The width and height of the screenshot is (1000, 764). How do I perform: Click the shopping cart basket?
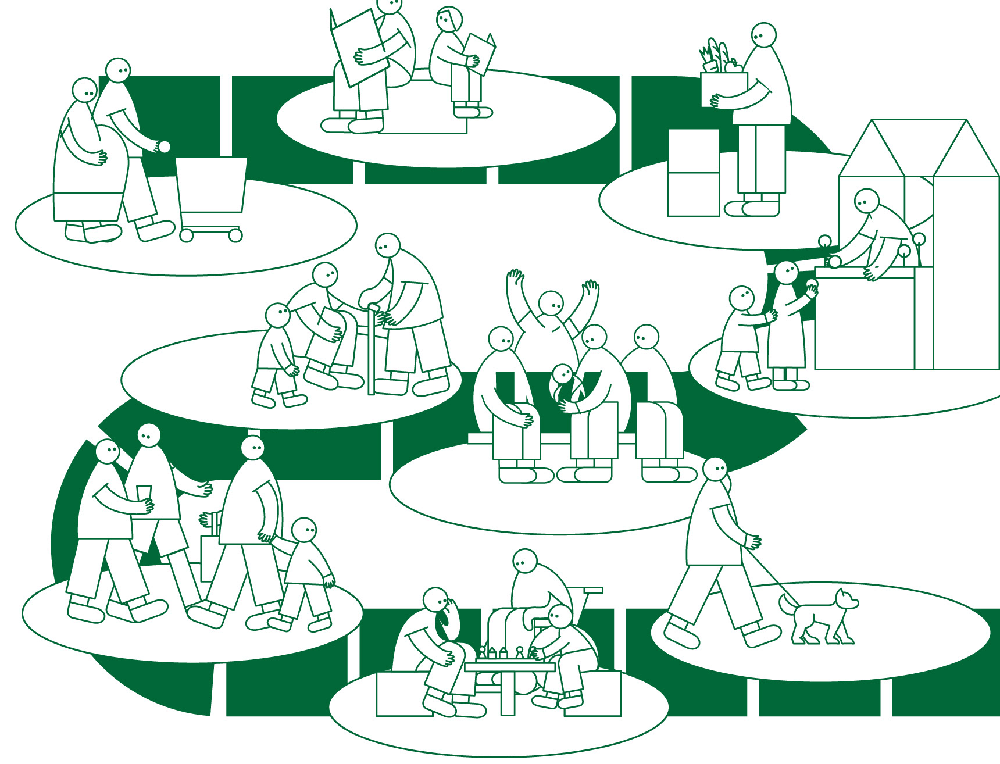pos(211,184)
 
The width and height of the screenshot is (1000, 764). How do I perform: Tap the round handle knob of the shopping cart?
pos(165,147)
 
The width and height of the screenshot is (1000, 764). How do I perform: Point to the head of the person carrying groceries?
pos(763,35)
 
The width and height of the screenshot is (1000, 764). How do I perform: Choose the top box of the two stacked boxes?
pos(693,151)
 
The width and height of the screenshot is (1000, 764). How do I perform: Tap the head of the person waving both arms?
pos(551,304)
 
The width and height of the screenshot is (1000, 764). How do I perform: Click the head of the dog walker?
pos(715,470)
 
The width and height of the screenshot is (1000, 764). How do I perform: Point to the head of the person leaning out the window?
pos(866,201)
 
